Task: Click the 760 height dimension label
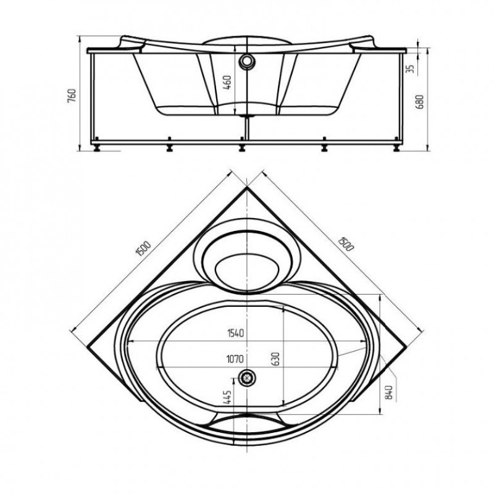tap(72, 95)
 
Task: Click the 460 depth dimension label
tap(227, 83)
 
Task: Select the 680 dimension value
tap(420, 101)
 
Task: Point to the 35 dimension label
tap(409, 69)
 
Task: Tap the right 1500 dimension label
tap(346, 243)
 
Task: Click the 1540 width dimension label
tap(236, 333)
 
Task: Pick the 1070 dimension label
tap(235, 359)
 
